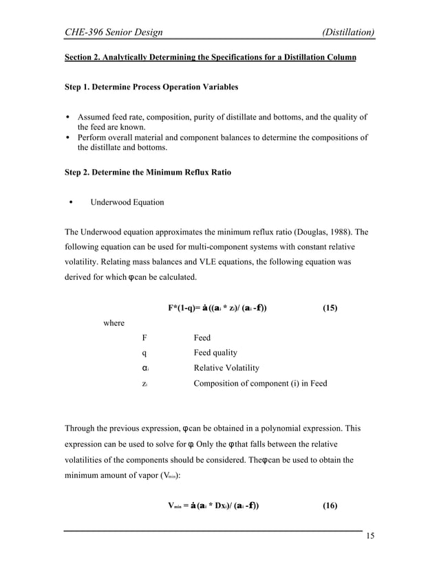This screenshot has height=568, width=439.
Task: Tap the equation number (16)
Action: point(330,506)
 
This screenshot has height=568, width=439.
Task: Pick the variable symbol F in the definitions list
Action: point(144,338)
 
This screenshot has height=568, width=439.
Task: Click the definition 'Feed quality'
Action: point(215,353)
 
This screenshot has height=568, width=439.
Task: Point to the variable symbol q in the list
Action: point(144,353)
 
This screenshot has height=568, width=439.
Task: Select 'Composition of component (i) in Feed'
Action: point(260,383)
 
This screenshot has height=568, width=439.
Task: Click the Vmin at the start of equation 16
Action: point(180,507)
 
